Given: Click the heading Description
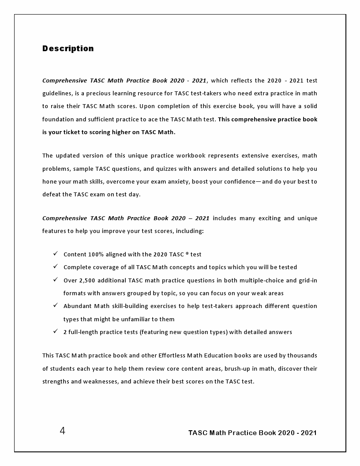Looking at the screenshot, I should pos(68,49).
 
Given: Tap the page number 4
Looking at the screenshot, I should pos(62,431).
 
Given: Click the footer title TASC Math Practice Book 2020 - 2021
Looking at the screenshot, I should pos(252,432).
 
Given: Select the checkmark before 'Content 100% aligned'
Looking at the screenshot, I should pos(56,253).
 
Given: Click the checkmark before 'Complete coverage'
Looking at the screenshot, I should pos(56,266).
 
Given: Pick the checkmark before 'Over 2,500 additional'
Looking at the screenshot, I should pos(56,279).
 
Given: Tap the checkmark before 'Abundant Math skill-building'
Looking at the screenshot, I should pos(56,305).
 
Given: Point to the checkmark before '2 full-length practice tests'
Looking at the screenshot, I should pos(56,331).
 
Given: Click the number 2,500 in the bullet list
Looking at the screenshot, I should pos(87,280).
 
